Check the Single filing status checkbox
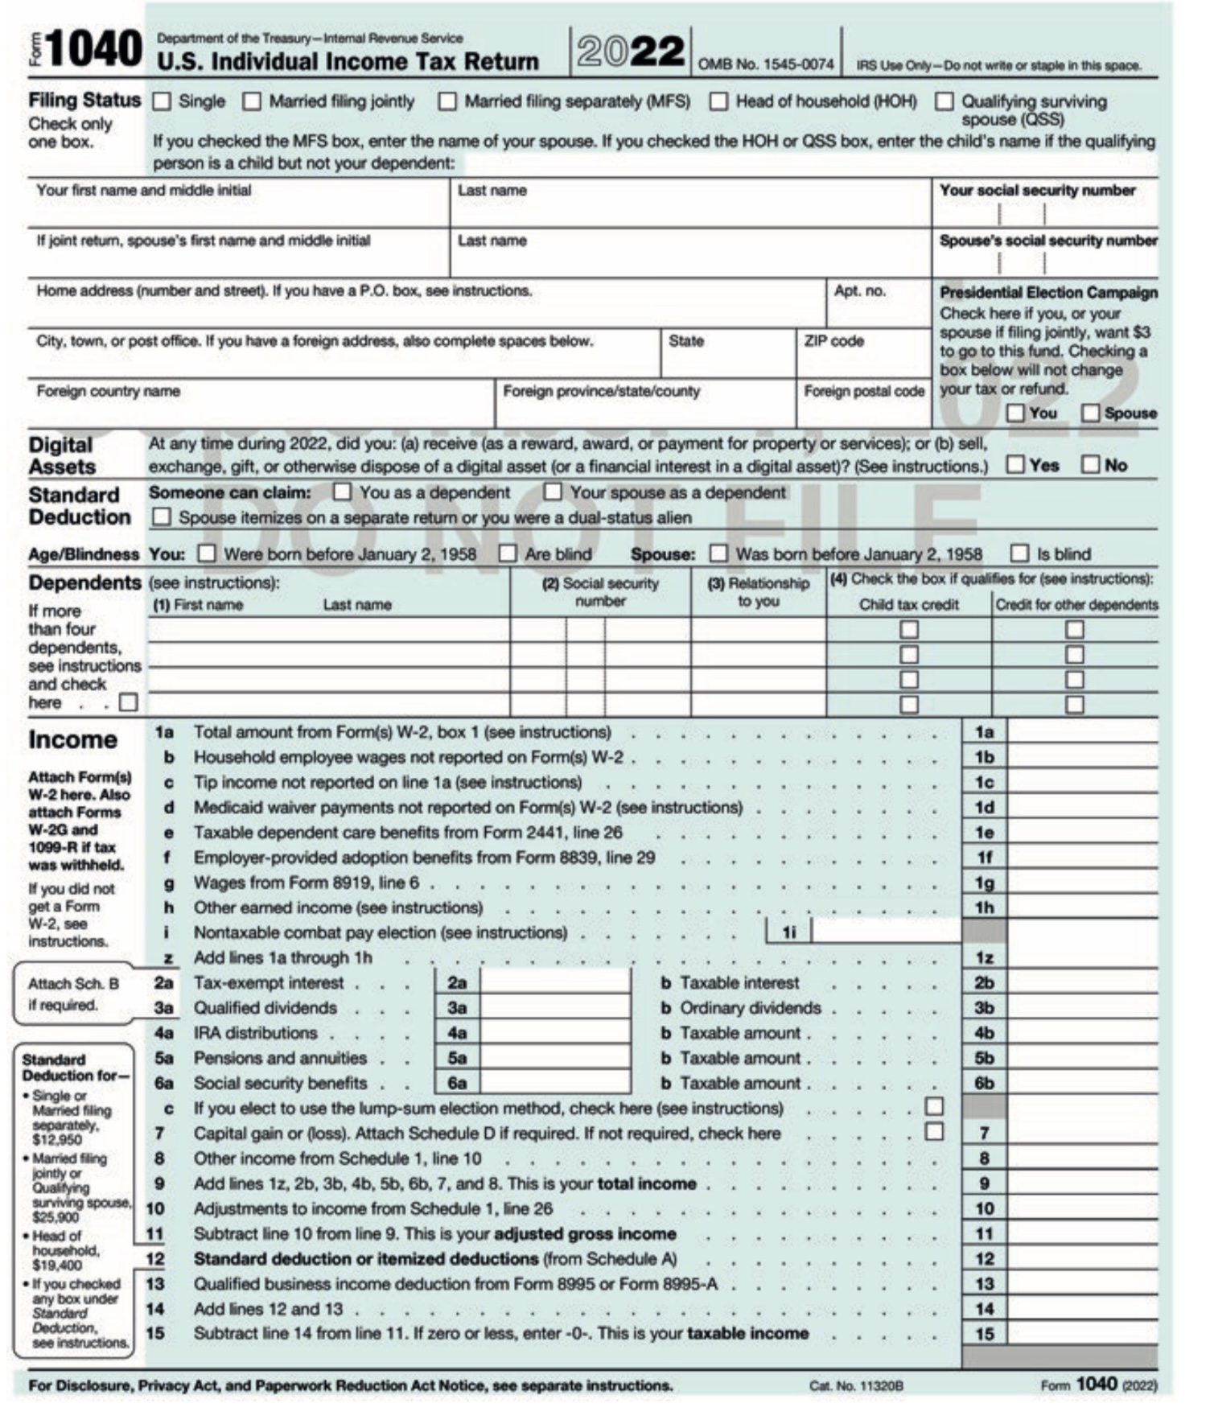pyautogui.click(x=162, y=101)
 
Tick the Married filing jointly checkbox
pyautogui.click(x=252, y=101)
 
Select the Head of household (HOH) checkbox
pyautogui.click(x=718, y=101)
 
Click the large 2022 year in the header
pyautogui.click(x=630, y=51)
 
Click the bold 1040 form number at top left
pyautogui.click(x=94, y=50)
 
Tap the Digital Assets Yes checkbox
pyautogui.click(x=1016, y=464)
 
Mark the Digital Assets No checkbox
pyautogui.click(x=1090, y=464)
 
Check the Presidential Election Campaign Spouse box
pyautogui.click(x=1090, y=413)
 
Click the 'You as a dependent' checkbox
pyautogui.click(x=343, y=492)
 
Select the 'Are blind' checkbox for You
pyautogui.click(x=508, y=554)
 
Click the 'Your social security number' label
pyautogui.click(x=1037, y=191)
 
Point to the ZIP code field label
pyautogui.click(x=833, y=341)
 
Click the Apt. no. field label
pyautogui.click(x=859, y=291)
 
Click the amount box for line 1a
pyautogui.click(x=1081, y=732)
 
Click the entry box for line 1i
pyautogui.click(x=886, y=932)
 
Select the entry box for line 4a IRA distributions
pyautogui.click(x=555, y=1032)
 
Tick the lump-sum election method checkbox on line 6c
pyautogui.click(x=934, y=1107)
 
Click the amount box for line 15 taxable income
pyautogui.click(x=1081, y=1333)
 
